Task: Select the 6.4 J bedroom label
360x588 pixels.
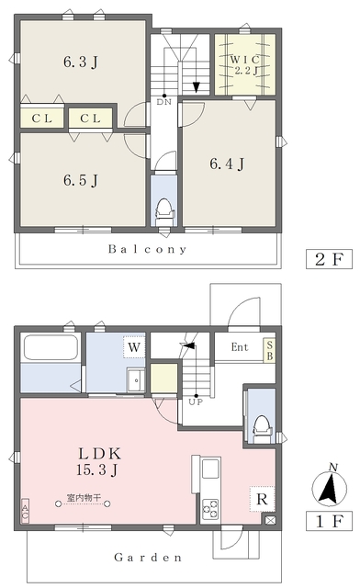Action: (x=227, y=164)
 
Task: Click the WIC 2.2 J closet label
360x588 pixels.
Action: (x=243, y=63)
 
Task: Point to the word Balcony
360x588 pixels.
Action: (x=147, y=249)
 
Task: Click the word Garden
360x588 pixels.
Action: (x=148, y=557)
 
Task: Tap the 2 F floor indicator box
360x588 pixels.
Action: (x=329, y=259)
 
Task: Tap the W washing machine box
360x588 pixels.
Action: (x=133, y=348)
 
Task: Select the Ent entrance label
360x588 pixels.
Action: (x=239, y=346)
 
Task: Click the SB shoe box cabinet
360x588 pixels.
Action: (x=269, y=349)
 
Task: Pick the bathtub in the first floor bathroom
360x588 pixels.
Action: (x=51, y=348)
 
